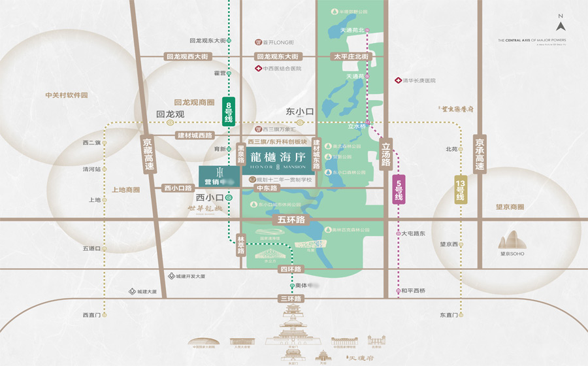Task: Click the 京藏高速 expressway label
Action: click(148, 156)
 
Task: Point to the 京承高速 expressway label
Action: click(480, 155)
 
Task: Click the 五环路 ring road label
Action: click(291, 220)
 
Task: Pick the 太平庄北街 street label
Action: click(351, 57)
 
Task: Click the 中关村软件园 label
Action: click(66, 95)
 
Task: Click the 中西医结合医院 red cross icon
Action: click(258, 69)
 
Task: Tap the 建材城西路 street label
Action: click(195, 135)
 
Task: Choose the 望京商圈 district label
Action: click(510, 207)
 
